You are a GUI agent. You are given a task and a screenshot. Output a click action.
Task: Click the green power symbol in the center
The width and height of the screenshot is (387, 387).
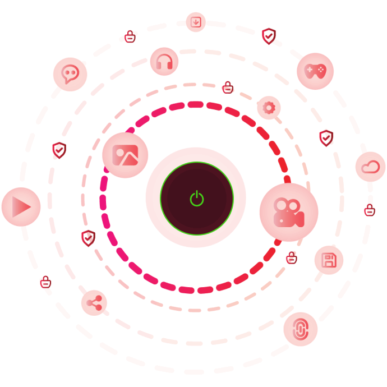click(x=196, y=198)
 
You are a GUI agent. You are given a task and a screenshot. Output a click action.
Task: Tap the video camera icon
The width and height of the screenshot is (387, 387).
click(x=288, y=212)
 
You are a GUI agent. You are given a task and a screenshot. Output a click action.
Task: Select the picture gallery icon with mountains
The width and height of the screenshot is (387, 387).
click(x=125, y=155)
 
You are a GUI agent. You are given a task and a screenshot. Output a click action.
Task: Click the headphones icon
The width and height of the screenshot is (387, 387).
click(x=164, y=62)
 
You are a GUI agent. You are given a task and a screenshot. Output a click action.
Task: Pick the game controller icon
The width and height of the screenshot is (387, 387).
click(x=315, y=71)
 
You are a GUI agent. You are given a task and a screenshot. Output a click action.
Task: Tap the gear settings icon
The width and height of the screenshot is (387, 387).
click(x=269, y=107)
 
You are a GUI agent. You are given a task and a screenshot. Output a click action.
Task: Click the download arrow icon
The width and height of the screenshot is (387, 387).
click(x=196, y=22)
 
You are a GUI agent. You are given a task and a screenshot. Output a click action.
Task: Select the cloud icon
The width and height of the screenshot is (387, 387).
click(x=370, y=167)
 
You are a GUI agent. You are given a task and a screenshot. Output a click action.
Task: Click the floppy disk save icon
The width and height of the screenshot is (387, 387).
click(x=328, y=260)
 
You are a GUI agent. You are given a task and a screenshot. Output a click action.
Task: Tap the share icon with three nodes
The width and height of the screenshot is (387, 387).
click(x=94, y=303)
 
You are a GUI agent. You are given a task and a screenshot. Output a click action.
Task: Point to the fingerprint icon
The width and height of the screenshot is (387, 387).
click(x=300, y=329)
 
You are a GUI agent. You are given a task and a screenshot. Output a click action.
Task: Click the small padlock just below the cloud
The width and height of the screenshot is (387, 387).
click(x=369, y=210)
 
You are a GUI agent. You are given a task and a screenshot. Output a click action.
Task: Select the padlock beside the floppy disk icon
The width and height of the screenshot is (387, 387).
click(x=291, y=257)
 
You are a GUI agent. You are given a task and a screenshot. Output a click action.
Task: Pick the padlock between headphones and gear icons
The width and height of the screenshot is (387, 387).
click(x=228, y=87)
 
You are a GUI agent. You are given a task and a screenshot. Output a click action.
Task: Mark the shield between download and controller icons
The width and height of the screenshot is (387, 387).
click(x=269, y=36)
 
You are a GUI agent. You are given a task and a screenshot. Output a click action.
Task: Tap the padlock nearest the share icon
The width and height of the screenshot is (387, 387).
click(x=46, y=282)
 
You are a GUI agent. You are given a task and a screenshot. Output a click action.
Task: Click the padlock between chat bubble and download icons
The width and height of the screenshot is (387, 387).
click(x=130, y=37)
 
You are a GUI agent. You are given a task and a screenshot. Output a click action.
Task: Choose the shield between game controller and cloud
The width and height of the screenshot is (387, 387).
click(x=326, y=137)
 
